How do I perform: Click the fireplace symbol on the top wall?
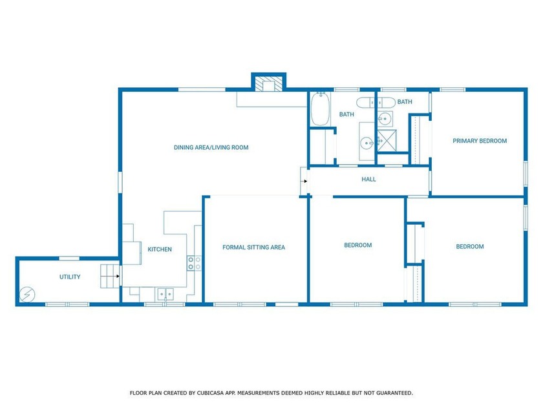(268, 85)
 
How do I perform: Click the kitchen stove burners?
(194, 263)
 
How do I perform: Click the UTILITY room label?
(70, 277)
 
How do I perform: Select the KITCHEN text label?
(160, 249)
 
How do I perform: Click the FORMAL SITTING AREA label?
(253, 247)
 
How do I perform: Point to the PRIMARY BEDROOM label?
(480, 141)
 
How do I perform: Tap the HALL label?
(368, 180)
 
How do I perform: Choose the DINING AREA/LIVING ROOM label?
(211, 147)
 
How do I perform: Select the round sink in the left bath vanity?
(366, 142)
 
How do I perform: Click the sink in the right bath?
(385, 118)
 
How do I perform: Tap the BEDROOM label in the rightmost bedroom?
(470, 246)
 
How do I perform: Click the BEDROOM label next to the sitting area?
(357, 245)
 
